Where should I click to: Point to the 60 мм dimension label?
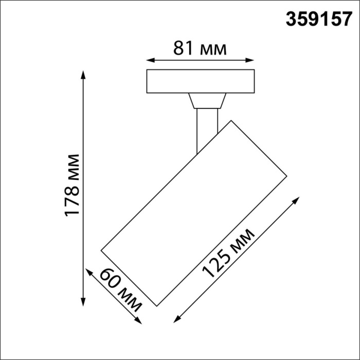[x=121, y=290]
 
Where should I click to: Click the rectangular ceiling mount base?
[x=201, y=81]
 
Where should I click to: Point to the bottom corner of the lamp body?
[x=156, y=305]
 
